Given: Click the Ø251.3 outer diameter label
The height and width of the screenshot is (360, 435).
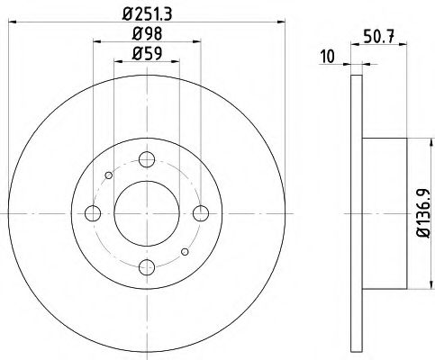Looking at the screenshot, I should [148, 14].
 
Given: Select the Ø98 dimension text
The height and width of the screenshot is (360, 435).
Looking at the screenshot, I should [148, 36].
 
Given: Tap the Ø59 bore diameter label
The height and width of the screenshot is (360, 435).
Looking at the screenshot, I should [148, 55].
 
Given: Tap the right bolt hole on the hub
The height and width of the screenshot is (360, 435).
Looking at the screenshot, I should [202, 212].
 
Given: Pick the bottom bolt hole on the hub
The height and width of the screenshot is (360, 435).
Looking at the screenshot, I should [147, 267].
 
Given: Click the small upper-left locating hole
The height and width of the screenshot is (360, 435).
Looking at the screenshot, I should [108, 175].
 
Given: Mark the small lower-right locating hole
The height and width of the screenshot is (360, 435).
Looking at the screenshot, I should [186, 252].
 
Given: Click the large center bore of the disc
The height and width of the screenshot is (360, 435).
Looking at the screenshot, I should [147, 213].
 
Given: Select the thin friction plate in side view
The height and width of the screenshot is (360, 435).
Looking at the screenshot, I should [356, 213].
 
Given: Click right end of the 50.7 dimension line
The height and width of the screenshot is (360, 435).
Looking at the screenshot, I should [407, 63].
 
